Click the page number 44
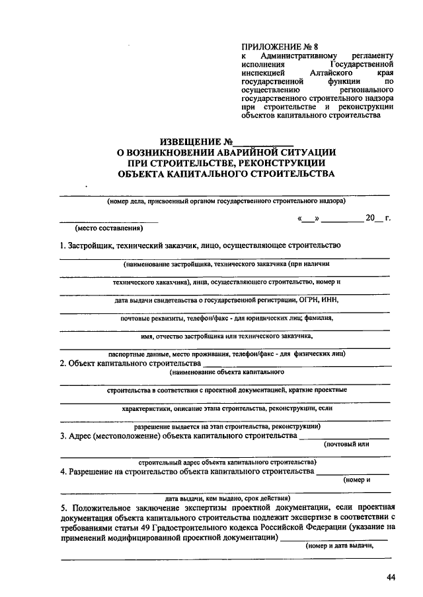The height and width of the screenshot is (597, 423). pos(391,578)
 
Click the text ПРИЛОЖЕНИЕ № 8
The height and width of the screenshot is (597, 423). pos(271,47)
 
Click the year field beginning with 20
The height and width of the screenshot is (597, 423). pos(374,217)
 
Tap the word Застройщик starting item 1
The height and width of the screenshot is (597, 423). pos(90,246)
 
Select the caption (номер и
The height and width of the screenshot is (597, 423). pos(357,480)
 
